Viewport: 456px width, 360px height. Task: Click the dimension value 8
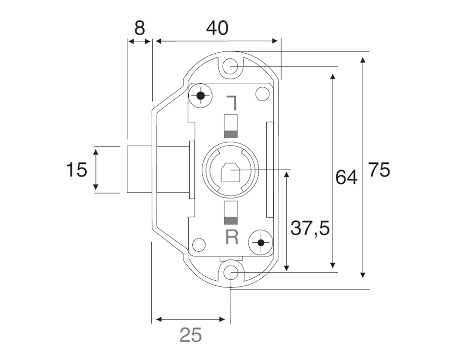tap(139, 27)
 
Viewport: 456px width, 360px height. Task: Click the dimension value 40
tap(217, 27)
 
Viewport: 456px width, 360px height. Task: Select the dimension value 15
tap(77, 170)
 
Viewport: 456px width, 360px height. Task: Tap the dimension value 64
tap(346, 177)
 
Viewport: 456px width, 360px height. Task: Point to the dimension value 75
tap(379, 170)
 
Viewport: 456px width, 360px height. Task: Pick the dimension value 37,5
tap(310, 228)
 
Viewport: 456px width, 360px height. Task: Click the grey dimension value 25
tap(191, 335)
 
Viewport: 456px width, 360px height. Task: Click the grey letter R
tap(232, 237)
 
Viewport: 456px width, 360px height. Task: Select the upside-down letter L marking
tap(232, 103)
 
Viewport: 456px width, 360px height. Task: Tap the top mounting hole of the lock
tap(231, 67)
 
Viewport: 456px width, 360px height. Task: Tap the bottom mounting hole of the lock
tap(231, 274)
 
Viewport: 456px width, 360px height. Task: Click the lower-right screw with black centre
tap(261, 243)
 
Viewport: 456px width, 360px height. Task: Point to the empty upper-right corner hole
tap(262, 94)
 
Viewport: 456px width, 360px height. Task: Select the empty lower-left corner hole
tap(199, 245)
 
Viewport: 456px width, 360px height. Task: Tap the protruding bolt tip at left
tap(138, 170)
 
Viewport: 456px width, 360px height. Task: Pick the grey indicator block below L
tap(231, 134)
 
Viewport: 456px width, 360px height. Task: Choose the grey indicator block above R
tap(231, 220)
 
